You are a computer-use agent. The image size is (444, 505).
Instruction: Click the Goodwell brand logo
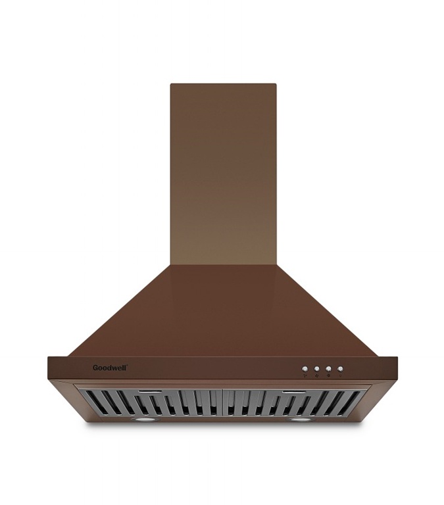111,368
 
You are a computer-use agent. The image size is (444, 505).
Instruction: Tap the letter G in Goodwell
95,368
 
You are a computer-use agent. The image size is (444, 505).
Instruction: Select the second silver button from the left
317,369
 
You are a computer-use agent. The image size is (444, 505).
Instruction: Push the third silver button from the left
328,369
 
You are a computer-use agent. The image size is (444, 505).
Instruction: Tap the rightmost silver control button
340,369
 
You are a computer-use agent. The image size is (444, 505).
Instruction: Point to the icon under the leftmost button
305,375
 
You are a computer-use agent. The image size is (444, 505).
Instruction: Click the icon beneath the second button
317,375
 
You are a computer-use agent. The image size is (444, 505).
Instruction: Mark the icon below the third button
328,375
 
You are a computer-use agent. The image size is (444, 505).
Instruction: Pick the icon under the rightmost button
340,375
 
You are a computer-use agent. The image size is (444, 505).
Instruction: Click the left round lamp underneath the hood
142,420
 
